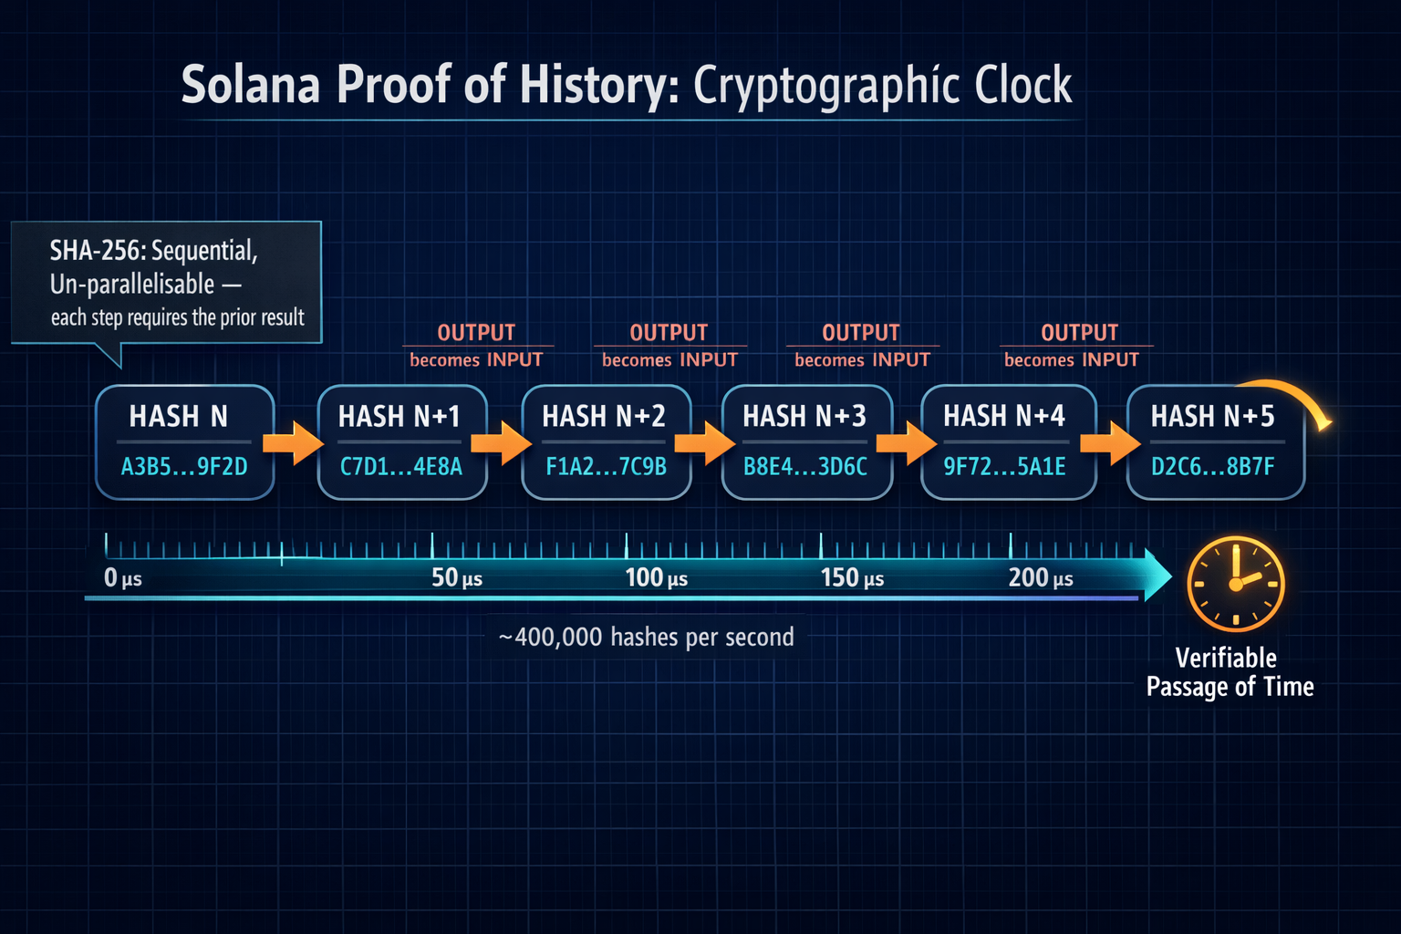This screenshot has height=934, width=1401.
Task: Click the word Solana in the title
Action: [250, 84]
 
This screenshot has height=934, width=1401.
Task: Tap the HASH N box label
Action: [178, 416]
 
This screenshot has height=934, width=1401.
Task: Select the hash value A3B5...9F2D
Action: [184, 467]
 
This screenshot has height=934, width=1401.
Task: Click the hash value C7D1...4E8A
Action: [401, 467]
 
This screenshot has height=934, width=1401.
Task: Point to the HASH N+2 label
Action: [604, 416]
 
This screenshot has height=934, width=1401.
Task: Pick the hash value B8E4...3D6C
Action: [805, 467]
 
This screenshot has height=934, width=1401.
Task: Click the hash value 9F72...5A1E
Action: [1004, 467]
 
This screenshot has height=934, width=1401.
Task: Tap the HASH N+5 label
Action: [1212, 416]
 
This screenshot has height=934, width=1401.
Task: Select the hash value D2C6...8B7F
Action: [1212, 467]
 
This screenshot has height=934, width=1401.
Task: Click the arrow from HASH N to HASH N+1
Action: [293, 443]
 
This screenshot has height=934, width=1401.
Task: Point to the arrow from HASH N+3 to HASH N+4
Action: [906, 443]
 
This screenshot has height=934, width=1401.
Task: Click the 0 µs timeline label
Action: [122, 577]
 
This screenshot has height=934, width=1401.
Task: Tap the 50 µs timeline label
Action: [457, 577]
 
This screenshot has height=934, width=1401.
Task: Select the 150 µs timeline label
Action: [852, 577]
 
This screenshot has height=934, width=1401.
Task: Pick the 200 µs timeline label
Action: [1041, 577]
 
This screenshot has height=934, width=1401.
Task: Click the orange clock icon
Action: [1236, 584]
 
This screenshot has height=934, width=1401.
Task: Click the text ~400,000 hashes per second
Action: [646, 637]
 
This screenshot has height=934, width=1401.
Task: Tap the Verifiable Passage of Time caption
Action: [1230, 672]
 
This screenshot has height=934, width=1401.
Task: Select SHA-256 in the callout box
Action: [97, 251]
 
